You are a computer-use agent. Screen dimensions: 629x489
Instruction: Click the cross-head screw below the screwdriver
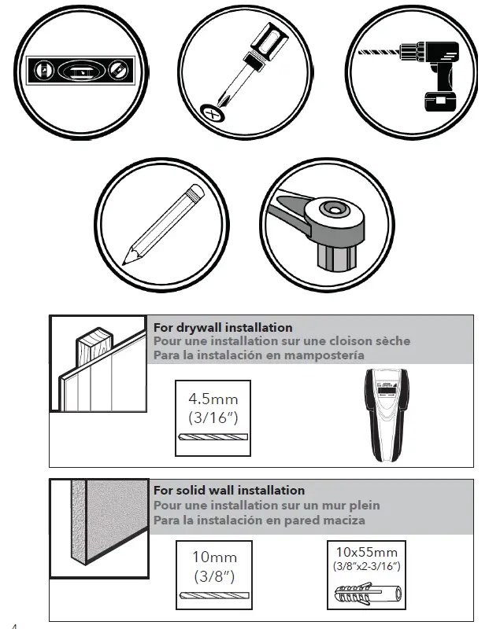[211, 112]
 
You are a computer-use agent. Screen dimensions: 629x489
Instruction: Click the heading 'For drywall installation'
[223, 328]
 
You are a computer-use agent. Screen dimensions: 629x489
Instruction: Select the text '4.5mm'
[213, 399]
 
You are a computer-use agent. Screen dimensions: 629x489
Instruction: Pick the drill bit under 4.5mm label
[213, 438]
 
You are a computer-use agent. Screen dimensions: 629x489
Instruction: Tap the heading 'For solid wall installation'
[229, 491]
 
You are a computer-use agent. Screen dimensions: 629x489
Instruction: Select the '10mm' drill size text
[214, 557]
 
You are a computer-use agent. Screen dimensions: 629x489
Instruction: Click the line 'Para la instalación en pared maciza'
[259, 520]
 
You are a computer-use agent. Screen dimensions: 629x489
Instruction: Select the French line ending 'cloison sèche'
[281, 342]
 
